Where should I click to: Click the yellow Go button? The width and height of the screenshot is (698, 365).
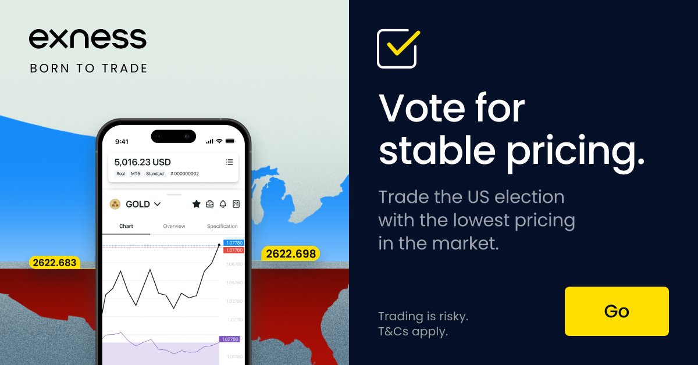[x=617, y=311]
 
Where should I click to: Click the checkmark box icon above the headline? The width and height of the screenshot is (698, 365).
[x=397, y=48]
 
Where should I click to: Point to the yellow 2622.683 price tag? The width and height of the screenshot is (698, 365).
[x=55, y=263]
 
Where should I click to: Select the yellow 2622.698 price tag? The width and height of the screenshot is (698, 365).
[x=291, y=253]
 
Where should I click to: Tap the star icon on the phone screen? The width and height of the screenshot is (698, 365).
[x=197, y=204]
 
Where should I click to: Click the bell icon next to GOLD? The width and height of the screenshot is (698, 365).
[x=223, y=204]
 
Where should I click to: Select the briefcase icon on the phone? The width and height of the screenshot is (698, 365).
[x=209, y=204]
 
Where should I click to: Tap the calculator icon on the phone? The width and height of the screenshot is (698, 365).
[x=236, y=204]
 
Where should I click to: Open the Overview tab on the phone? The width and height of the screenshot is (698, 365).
[x=174, y=226]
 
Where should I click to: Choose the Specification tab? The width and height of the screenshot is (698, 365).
[x=222, y=226]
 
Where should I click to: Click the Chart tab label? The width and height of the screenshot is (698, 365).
[x=126, y=226]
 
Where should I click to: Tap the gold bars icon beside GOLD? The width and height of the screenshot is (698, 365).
[x=115, y=204]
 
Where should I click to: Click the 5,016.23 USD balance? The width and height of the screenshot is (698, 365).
[x=143, y=162]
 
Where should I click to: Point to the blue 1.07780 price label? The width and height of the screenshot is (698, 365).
[x=233, y=243]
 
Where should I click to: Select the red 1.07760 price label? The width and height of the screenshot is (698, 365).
[x=233, y=250]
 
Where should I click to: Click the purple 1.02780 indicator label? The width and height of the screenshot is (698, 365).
[x=229, y=339]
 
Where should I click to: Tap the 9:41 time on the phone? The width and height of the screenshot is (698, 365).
[x=122, y=141]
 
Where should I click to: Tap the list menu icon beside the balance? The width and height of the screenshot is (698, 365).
[x=229, y=162]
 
